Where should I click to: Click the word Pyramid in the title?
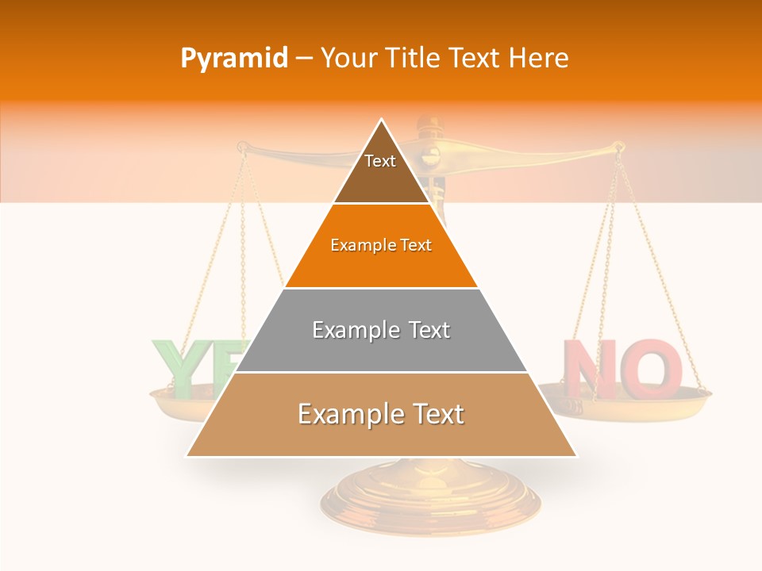point(234,59)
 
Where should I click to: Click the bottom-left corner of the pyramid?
point(187,456)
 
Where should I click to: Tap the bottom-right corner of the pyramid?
point(576,456)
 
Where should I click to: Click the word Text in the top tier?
point(380,161)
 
